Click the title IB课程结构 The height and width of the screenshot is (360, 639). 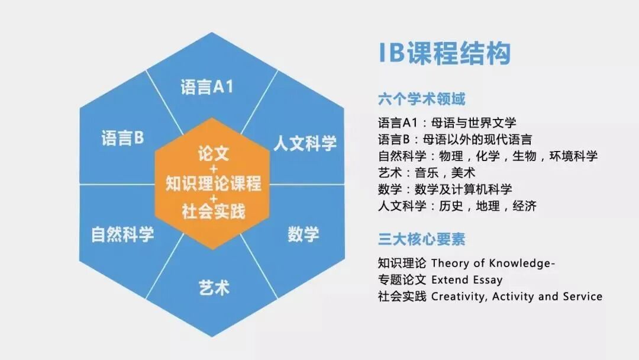click(444, 53)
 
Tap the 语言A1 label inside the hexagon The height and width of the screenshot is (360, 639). click(207, 88)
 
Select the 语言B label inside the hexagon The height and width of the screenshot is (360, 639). click(123, 139)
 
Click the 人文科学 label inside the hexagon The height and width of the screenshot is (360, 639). click(305, 143)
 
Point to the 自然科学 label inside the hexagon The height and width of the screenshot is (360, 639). click(122, 234)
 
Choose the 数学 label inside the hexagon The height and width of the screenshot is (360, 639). click(304, 234)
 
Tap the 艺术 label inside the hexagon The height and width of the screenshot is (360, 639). click(213, 288)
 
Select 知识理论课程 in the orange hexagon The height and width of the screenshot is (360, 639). click(213, 184)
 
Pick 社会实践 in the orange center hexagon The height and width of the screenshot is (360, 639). click(213, 210)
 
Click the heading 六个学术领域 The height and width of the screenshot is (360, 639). click(422, 99)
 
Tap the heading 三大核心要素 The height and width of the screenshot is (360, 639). click(422, 239)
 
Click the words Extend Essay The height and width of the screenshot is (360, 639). click(467, 279)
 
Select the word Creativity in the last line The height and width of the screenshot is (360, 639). click(458, 296)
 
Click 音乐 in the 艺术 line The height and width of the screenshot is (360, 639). click(438, 173)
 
